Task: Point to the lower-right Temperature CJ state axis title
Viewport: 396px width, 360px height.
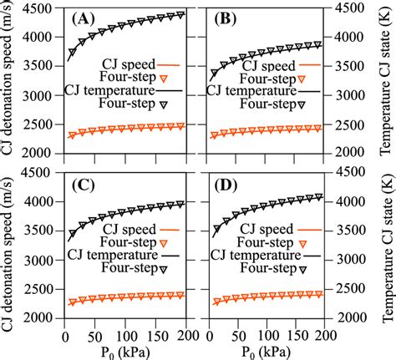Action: (x=386, y=256)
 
